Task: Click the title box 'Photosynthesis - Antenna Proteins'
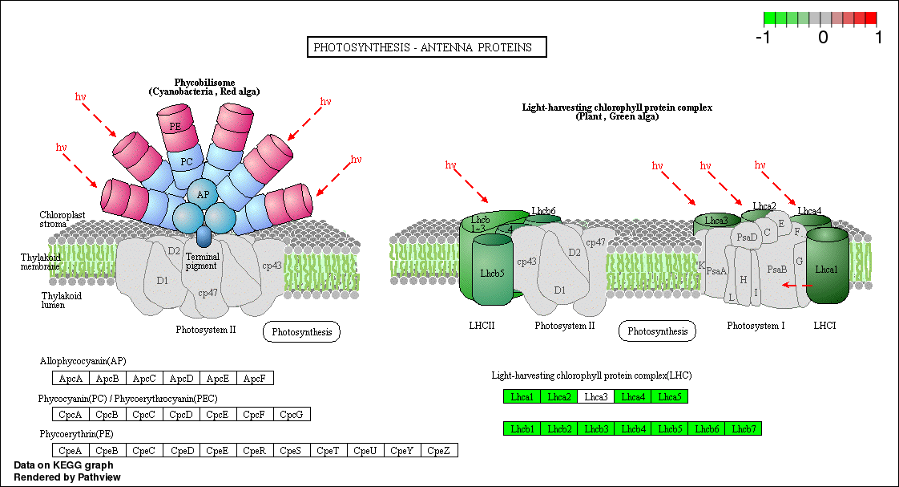[426, 47]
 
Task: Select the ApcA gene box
[67, 378]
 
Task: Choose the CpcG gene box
[292, 415]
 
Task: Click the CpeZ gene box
[439, 451]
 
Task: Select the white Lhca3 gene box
[595, 396]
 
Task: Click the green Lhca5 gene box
[669, 396]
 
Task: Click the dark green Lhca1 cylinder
[826, 270]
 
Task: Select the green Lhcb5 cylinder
[492, 273]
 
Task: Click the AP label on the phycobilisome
[204, 194]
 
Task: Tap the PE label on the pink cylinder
[175, 126]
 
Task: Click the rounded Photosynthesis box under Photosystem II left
[301, 331]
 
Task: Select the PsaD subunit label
[747, 237]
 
